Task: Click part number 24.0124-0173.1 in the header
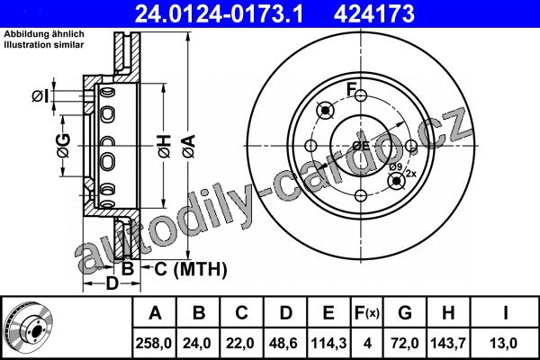click(219, 13)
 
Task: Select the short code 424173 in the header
click(374, 13)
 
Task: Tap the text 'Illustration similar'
click(44, 45)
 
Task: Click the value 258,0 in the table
click(154, 343)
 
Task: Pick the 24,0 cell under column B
click(197, 343)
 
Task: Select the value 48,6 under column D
click(283, 343)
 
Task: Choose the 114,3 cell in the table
click(328, 343)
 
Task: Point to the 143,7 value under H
click(448, 343)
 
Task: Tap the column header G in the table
click(405, 313)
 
